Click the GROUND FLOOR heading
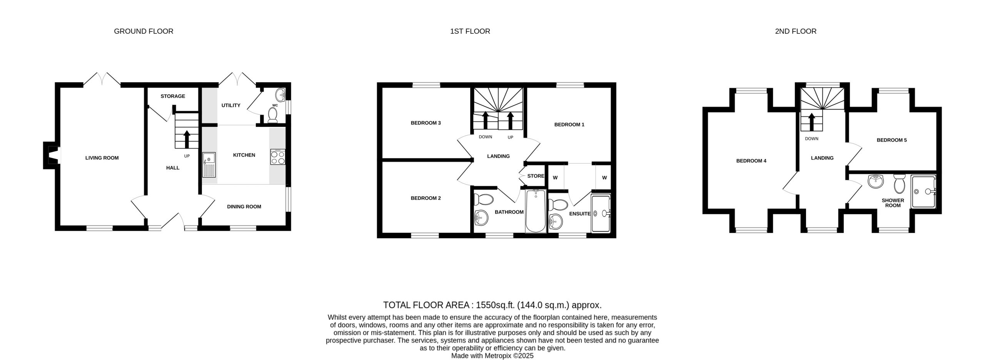tap(144, 31)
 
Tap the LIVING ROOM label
tap(102, 158)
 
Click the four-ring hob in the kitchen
tap(278, 157)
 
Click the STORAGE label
tap(173, 96)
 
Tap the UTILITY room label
tap(231, 105)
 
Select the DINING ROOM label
tap(244, 207)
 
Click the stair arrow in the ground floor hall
tap(187, 139)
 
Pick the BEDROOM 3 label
tap(426, 123)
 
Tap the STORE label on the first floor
tap(536, 176)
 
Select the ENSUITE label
tap(580, 214)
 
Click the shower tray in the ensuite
tap(601, 214)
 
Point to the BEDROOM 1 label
tap(569, 125)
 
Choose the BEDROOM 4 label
tap(751, 161)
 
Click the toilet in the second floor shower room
tap(900, 184)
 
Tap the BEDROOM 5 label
tap(892, 140)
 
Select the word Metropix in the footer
tap(499, 356)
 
